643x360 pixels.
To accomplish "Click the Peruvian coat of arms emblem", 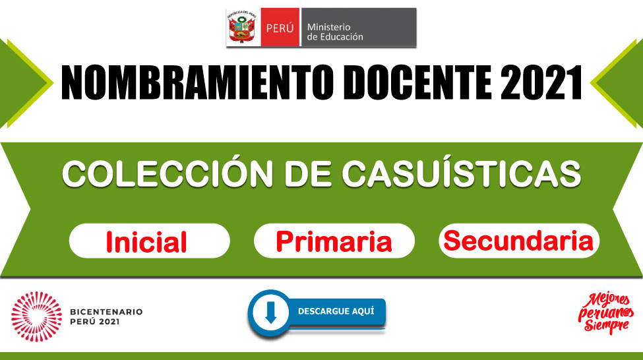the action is click(x=243, y=27).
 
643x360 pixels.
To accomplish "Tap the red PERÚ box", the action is click(x=280, y=27).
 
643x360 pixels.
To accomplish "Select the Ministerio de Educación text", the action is click(x=335, y=32).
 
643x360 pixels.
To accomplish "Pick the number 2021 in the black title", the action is click(x=541, y=82).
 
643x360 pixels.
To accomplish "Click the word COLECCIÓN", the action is click(x=168, y=173).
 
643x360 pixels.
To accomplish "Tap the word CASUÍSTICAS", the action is click(x=462, y=173).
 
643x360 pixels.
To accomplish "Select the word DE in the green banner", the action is click(x=307, y=174).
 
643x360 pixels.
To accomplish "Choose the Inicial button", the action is click(x=149, y=241).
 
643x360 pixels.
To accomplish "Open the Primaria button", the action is click(x=334, y=241).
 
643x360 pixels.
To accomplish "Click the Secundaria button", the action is click(x=519, y=241).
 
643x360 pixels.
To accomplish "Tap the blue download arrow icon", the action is click(x=270, y=313).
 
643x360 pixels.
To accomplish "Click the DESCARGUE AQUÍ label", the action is click(x=336, y=311).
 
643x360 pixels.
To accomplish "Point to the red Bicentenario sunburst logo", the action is click(x=36, y=316).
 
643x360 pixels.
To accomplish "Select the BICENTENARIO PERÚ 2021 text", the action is click(x=106, y=316).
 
